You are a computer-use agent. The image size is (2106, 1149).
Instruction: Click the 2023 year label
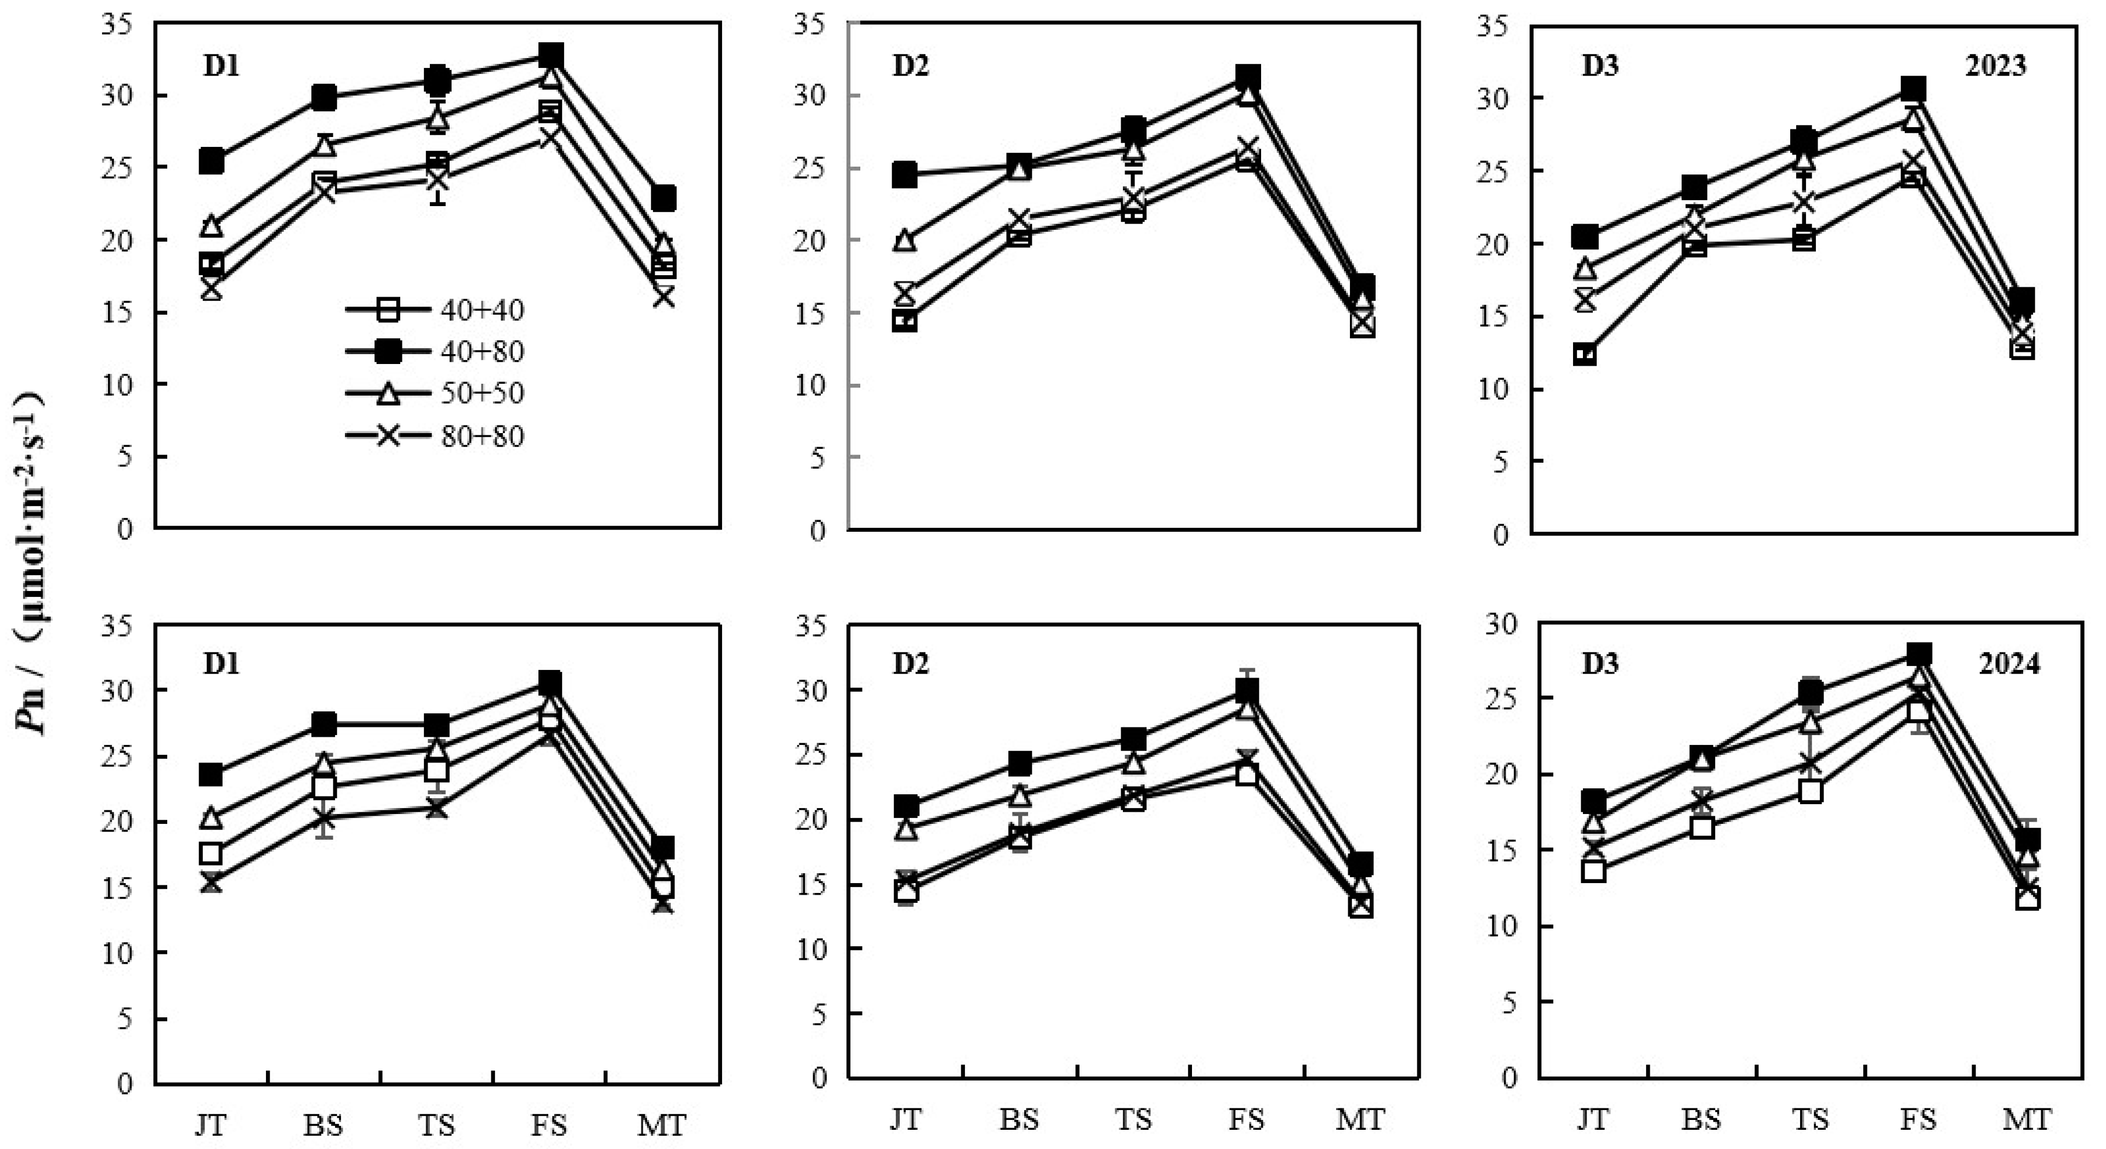coord(1995,65)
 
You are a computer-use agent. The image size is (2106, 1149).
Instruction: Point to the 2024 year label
coord(2008,663)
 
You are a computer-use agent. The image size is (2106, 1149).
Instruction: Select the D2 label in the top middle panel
coord(910,65)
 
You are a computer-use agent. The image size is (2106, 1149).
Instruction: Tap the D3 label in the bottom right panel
coord(1600,663)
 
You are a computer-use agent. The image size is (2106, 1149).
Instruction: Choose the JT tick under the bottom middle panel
coord(905,1119)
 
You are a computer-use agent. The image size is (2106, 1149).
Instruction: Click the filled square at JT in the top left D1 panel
coord(211,161)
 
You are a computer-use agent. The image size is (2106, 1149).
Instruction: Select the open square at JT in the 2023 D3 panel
coord(1585,354)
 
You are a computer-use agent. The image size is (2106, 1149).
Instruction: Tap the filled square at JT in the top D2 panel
coord(904,174)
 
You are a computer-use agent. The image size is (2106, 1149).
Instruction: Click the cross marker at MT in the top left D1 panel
coord(663,297)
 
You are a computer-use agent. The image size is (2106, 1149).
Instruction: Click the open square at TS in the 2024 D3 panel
coord(1810,791)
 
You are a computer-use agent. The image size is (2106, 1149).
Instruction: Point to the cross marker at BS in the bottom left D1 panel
coord(323,817)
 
